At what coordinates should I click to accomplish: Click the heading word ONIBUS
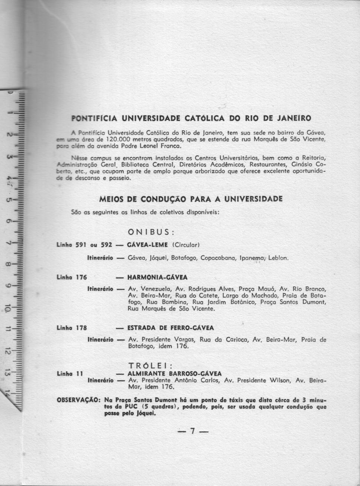coord(151,232)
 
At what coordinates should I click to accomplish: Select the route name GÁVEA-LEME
coord(147,245)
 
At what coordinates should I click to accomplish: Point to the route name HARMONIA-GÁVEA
coord(157,277)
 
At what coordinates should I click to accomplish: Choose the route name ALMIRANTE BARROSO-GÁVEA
coord(174,373)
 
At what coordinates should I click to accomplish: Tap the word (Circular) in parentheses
coord(186,245)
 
